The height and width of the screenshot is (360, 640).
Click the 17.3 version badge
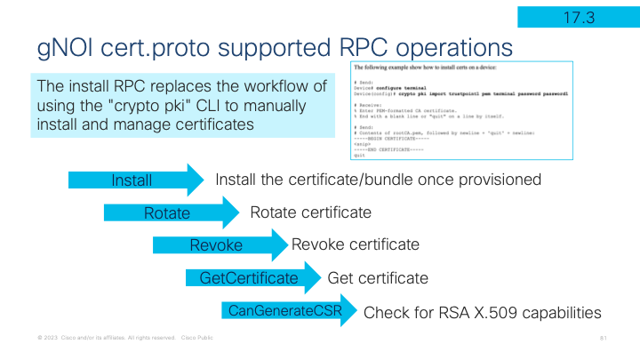click(x=577, y=15)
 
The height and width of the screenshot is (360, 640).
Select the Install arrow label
click(x=132, y=180)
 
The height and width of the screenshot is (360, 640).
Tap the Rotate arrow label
click(x=167, y=213)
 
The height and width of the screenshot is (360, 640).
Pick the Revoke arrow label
click(x=216, y=245)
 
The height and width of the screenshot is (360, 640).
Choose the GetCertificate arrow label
click(x=249, y=278)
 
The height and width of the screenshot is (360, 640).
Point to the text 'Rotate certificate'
click(x=310, y=213)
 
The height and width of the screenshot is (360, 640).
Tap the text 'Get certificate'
click(x=378, y=278)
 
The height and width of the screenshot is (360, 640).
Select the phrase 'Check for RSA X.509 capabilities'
click(x=483, y=313)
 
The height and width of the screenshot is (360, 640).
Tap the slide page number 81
click(x=603, y=339)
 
